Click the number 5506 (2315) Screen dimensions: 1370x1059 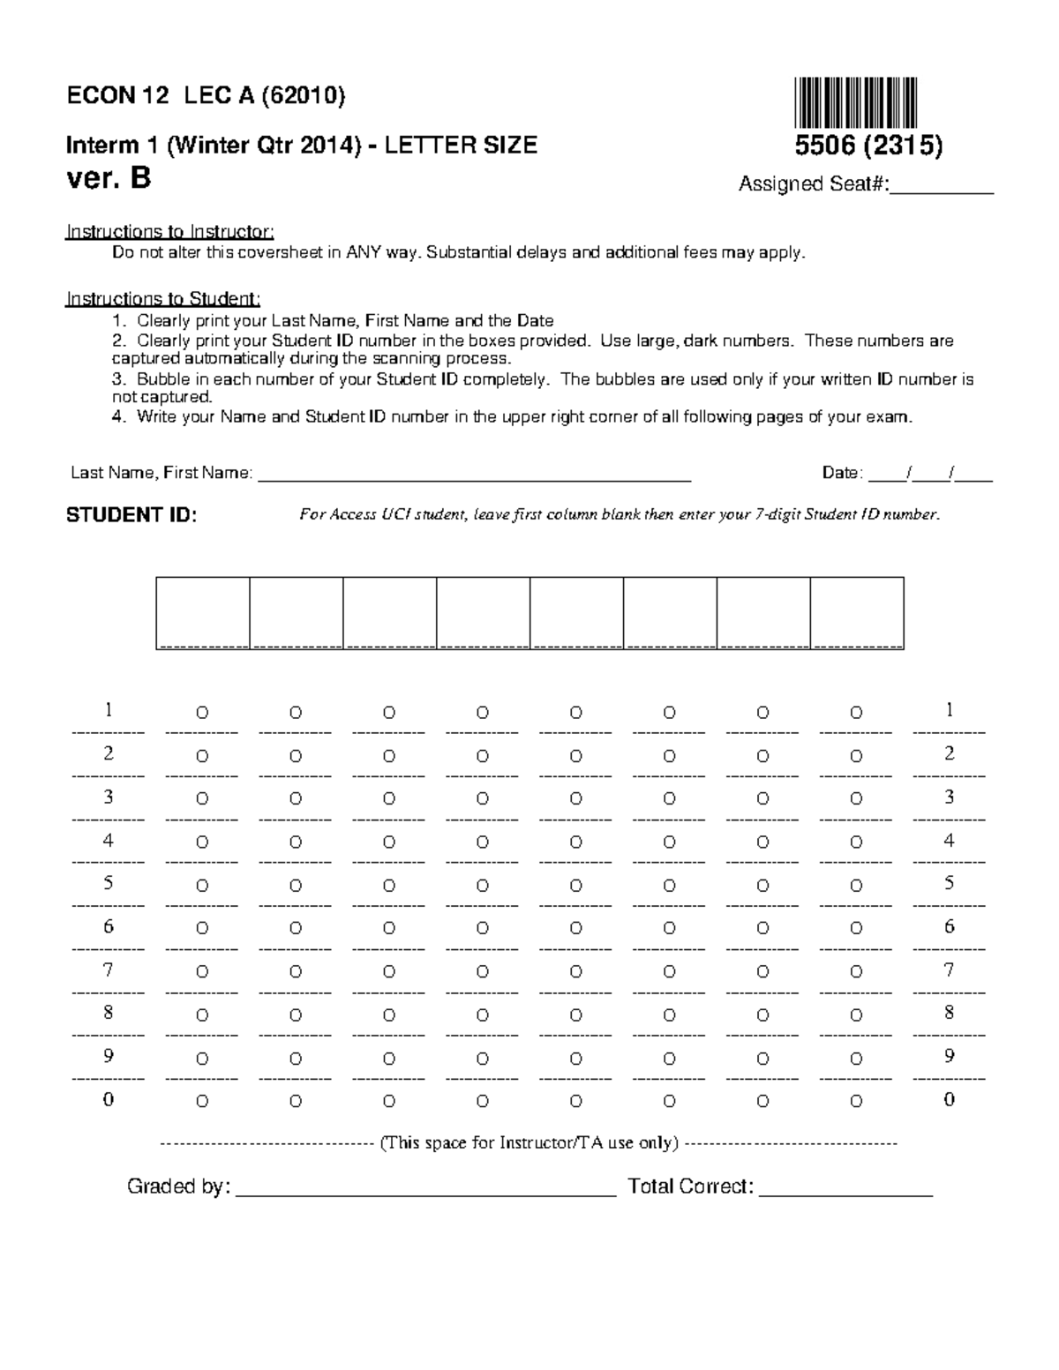click(x=868, y=146)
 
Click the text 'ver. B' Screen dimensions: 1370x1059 click(x=109, y=179)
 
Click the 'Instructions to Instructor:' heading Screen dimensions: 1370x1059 click(x=170, y=232)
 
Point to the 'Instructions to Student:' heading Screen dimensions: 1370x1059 click(x=163, y=299)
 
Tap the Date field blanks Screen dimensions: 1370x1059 click(x=930, y=475)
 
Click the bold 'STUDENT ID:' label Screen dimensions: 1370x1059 click(x=131, y=516)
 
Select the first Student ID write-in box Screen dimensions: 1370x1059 click(x=203, y=612)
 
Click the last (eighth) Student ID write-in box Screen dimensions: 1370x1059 click(x=856, y=612)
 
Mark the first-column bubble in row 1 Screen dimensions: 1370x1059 click(x=202, y=713)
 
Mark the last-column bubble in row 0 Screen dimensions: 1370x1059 click(x=856, y=1102)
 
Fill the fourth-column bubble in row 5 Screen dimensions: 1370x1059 click(x=483, y=886)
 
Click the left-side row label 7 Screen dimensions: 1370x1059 click(x=108, y=970)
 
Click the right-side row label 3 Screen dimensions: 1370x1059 click(x=950, y=797)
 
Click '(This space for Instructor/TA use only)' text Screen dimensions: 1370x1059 click(x=529, y=1143)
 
